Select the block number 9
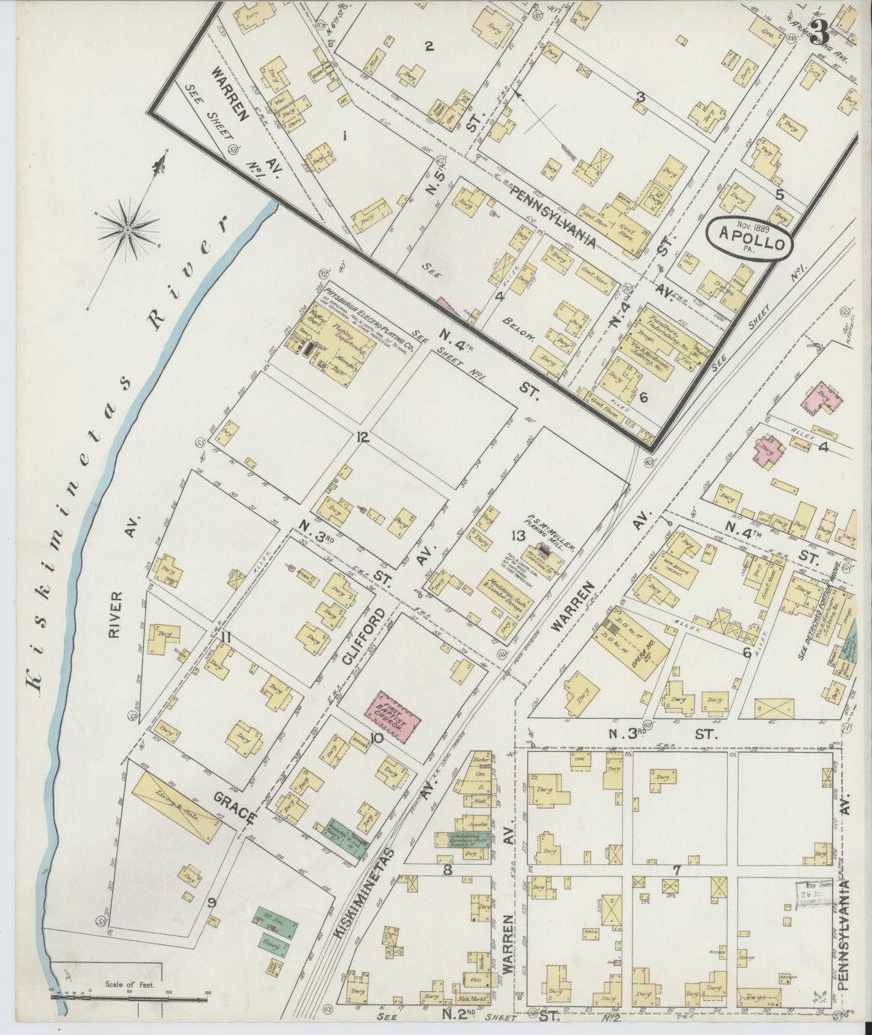(212, 903)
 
